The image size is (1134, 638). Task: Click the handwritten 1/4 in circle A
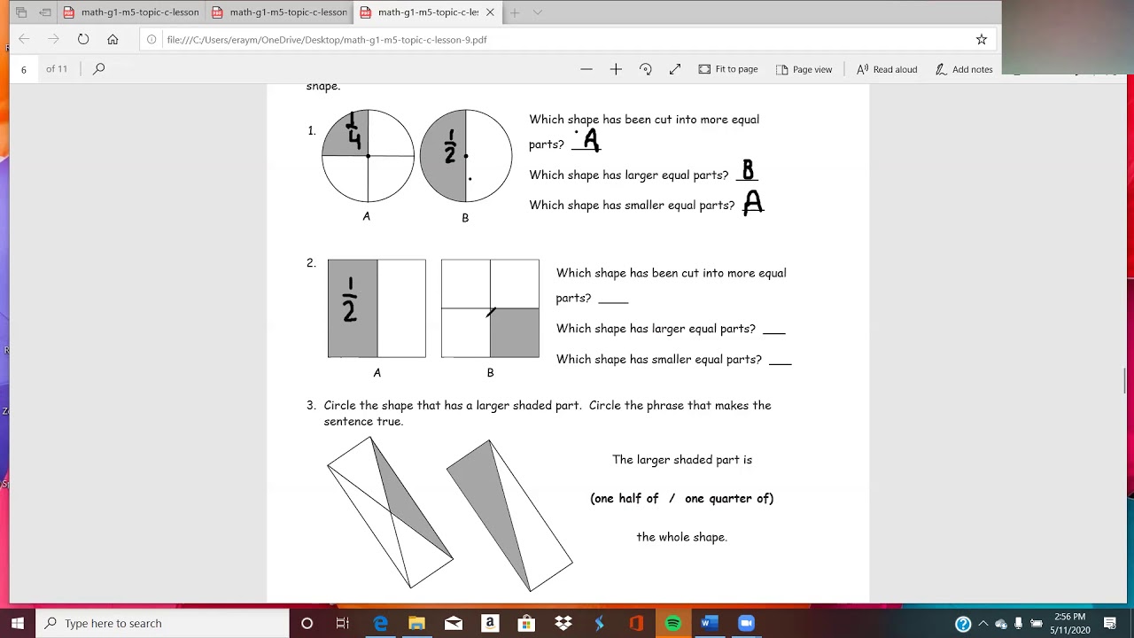tap(353, 131)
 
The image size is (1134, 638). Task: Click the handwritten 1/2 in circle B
tap(450, 147)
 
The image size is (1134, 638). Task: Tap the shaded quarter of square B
tap(515, 332)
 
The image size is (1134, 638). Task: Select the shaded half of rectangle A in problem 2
tap(353, 308)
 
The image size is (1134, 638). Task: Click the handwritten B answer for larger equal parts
tap(748, 170)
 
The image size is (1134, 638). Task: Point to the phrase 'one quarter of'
tap(728, 498)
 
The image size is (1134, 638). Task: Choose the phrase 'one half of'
tap(626, 498)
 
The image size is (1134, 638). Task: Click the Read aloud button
tap(887, 69)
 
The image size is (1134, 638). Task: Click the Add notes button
tap(964, 69)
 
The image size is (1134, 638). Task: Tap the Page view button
tap(804, 69)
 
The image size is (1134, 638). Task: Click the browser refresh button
tap(83, 39)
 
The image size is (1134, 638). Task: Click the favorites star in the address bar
tap(982, 39)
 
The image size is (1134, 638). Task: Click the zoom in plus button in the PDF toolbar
tap(616, 69)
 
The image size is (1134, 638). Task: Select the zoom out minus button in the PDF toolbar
tap(586, 69)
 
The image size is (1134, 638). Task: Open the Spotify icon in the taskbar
tap(672, 623)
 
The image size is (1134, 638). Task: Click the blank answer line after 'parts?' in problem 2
tap(613, 300)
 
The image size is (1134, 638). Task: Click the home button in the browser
tap(113, 39)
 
